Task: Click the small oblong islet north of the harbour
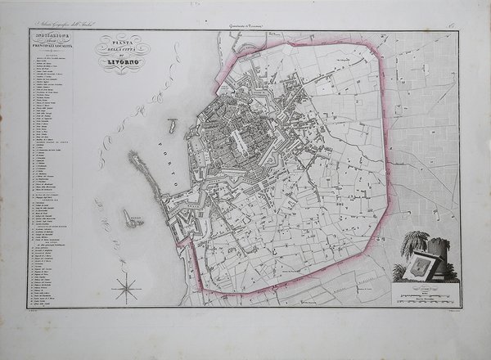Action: [173, 126]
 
